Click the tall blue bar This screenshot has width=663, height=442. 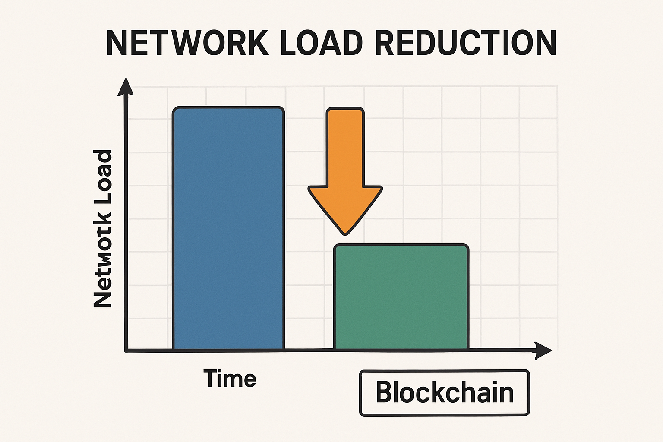point(228,229)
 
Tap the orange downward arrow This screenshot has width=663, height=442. point(345,173)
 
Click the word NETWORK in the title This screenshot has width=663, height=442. point(187,43)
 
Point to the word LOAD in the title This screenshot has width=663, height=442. point(321,43)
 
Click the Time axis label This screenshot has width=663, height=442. point(230,379)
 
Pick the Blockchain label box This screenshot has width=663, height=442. point(444,393)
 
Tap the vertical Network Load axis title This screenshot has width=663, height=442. point(103,229)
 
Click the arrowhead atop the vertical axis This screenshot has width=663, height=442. point(126,86)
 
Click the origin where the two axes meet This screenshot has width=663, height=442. point(126,350)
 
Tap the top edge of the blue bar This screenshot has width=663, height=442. point(228,107)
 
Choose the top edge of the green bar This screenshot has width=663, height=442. point(401,245)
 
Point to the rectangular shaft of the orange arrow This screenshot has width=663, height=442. point(345,147)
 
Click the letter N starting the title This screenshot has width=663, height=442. point(117,43)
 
